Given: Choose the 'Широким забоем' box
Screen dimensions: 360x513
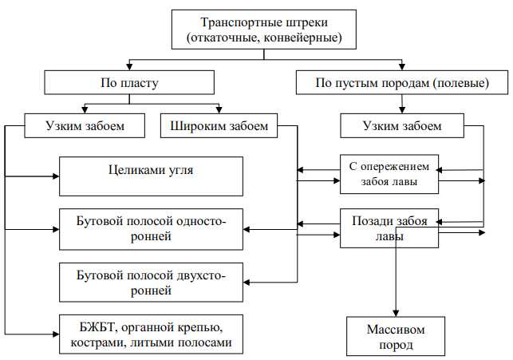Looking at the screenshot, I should pyautogui.click(x=219, y=125).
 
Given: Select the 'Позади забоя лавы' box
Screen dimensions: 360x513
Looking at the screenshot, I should pyautogui.click(x=389, y=228).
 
